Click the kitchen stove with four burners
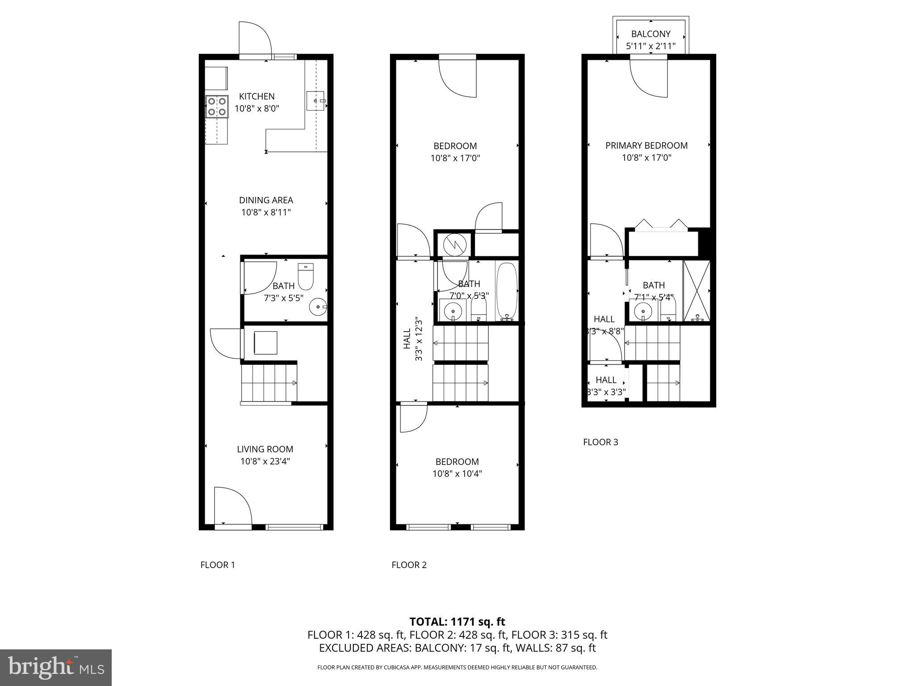217,107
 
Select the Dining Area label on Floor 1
266,200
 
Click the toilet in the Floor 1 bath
306,277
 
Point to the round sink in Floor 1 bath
318,307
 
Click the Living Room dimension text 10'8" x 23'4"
265,461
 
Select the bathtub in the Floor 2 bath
506,290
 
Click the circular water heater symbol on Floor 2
455,244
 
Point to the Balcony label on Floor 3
651,34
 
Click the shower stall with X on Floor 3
697,290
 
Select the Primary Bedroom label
646,146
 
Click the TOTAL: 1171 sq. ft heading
457,621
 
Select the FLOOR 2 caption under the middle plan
409,565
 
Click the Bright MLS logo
56,667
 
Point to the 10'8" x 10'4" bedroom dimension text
457,474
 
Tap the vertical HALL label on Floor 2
407,339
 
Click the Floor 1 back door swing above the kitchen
255,39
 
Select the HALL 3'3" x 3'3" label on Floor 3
606,386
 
